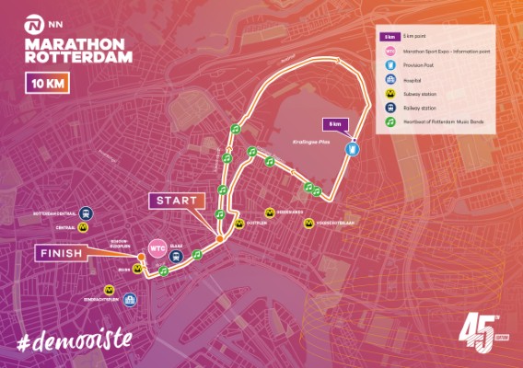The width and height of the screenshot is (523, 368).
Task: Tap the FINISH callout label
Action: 61,252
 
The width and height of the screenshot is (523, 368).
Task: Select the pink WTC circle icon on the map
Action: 157,248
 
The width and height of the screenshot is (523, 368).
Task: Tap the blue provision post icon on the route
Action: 351,148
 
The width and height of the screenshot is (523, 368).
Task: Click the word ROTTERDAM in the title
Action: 78,56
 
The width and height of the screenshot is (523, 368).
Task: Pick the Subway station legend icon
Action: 389,93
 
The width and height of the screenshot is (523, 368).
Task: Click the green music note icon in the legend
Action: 389,120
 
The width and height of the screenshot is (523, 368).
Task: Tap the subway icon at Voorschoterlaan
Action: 309,222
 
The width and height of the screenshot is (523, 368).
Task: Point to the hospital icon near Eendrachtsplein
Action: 130,299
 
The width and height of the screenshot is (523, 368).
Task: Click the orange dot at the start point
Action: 219,239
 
